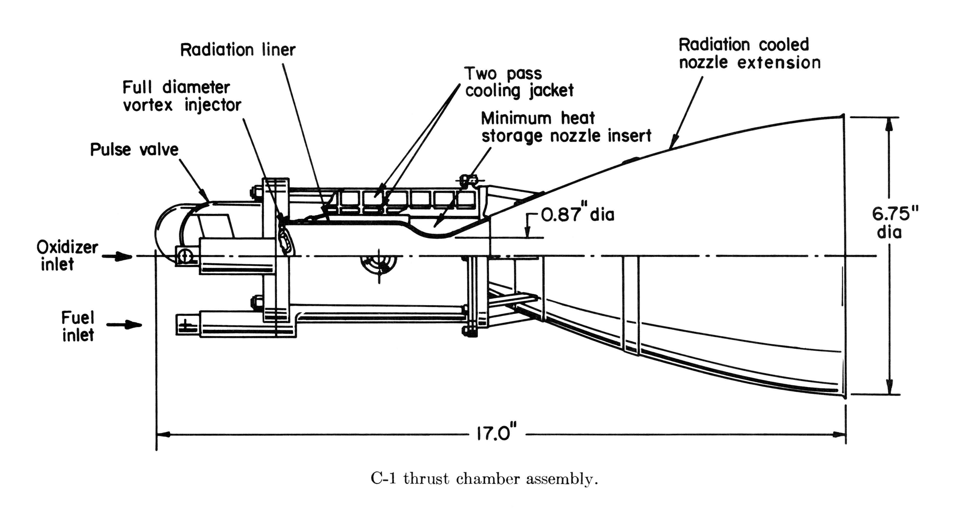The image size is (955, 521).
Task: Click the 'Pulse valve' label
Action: coord(134,150)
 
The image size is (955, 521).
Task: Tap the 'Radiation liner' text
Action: coord(238,50)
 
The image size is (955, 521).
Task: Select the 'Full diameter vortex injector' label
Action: coord(182,96)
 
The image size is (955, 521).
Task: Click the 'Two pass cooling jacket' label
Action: coord(519,82)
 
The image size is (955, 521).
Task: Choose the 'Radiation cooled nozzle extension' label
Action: coord(749,54)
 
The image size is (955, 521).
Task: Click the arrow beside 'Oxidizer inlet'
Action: coord(117,256)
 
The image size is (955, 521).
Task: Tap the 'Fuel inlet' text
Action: coord(78,326)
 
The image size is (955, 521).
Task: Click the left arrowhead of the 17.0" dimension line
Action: coord(163,434)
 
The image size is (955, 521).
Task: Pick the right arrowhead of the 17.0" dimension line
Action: coord(839,434)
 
